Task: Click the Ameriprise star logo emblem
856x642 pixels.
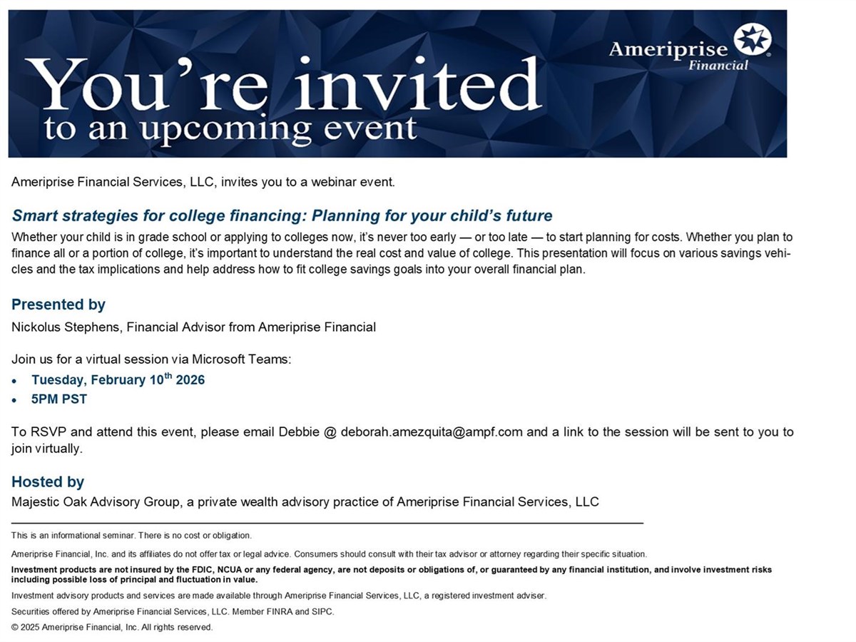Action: tap(752, 40)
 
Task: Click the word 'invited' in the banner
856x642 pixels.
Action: tap(418, 83)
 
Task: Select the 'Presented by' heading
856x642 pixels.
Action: tap(58, 305)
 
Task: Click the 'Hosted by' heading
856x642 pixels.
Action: tap(48, 481)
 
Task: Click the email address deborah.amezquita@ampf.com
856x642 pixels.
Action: tap(432, 432)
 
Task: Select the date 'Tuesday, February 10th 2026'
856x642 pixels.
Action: tap(118, 379)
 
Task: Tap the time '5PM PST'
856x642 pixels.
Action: tap(59, 399)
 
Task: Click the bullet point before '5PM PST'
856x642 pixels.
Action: tap(14, 400)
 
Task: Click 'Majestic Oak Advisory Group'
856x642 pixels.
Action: tap(95, 501)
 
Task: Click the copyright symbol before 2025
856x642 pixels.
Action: tap(15, 627)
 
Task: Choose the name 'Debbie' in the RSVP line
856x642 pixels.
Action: tap(299, 432)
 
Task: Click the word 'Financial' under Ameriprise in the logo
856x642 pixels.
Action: tap(718, 65)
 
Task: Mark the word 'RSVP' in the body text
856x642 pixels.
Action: tap(49, 432)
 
